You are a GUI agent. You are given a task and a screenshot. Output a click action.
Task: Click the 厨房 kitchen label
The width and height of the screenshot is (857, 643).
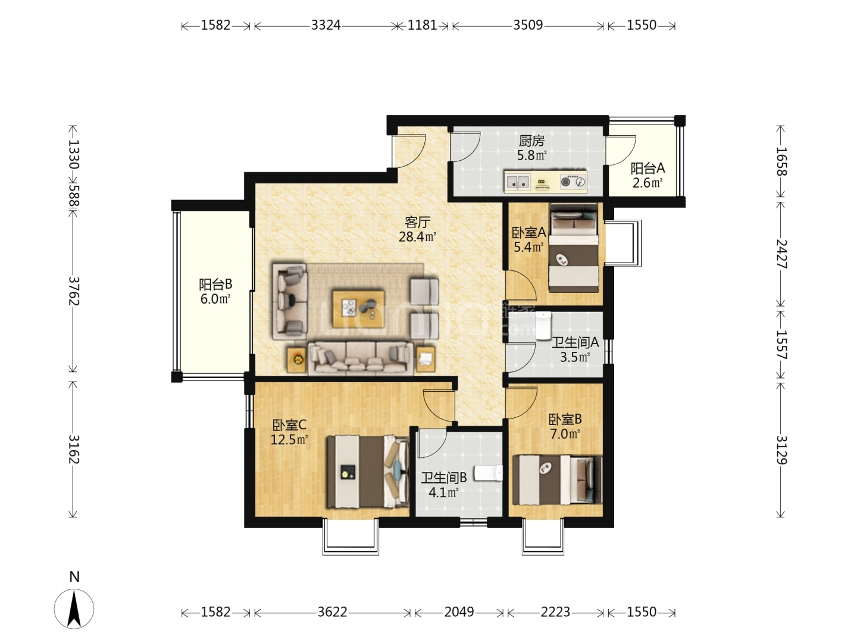(x=531, y=141)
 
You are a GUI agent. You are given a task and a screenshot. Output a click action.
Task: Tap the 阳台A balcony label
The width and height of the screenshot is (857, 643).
(x=648, y=168)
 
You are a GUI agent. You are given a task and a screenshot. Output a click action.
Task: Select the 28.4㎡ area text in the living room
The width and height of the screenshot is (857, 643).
(x=417, y=236)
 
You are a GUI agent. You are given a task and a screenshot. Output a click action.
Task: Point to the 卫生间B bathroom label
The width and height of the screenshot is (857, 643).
(x=443, y=477)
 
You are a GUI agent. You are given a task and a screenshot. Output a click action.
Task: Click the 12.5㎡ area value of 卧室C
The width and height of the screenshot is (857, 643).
(x=289, y=439)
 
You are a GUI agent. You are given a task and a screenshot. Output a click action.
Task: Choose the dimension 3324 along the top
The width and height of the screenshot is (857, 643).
(x=326, y=26)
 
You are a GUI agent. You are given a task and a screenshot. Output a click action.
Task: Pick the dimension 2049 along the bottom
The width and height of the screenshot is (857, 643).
(x=459, y=612)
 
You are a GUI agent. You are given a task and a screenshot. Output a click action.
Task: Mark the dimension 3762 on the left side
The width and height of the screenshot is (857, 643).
(x=73, y=291)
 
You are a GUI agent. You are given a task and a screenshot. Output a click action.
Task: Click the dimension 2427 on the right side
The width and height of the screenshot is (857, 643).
(x=781, y=254)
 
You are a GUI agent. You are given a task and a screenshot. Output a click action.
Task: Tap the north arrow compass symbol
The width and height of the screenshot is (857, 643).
(x=74, y=608)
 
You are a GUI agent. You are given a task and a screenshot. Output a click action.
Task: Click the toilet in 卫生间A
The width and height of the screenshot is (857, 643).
(x=543, y=326)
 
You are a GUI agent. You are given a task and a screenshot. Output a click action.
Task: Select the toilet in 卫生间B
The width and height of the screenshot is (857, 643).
(x=488, y=473)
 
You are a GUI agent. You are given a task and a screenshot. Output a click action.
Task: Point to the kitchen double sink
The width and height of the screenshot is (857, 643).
(x=518, y=182)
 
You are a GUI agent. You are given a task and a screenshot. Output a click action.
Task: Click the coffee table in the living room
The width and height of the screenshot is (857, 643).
(x=358, y=308)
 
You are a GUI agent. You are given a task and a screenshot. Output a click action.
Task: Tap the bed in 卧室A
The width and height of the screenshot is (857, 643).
(x=574, y=248)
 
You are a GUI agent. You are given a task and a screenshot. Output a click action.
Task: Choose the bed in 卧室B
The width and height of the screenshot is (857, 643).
(x=557, y=480)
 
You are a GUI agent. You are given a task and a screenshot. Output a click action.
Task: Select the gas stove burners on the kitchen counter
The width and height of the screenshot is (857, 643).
(x=573, y=182)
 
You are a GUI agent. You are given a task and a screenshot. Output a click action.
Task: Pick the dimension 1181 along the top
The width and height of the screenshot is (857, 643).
(x=422, y=26)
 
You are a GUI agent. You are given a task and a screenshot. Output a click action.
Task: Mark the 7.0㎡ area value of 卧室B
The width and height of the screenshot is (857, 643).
(x=565, y=434)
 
